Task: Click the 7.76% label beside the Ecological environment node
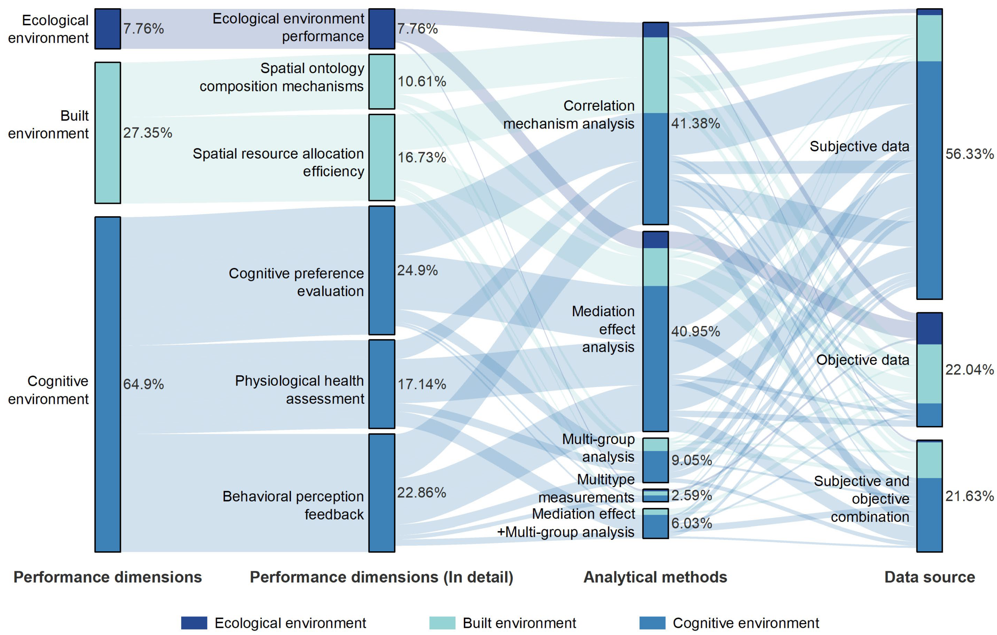point(143,29)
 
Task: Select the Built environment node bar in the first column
point(108,133)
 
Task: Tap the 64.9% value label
point(143,384)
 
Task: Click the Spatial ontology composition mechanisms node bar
point(382,82)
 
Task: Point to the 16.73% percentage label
point(422,157)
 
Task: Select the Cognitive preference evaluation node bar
point(382,270)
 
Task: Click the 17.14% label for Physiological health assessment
point(422,384)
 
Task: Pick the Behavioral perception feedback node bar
point(382,493)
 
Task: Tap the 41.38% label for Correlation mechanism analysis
point(696,123)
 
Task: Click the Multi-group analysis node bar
point(655,460)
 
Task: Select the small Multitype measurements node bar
point(655,495)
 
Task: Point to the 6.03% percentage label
point(691,523)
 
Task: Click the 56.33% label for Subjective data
point(969,154)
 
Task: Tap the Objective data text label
point(863,360)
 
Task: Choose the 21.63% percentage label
point(969,496)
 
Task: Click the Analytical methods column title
point(655,577)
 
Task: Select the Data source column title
point(929,577)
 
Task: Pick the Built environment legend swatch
point(442,623)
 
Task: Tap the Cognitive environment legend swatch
point(653,623)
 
